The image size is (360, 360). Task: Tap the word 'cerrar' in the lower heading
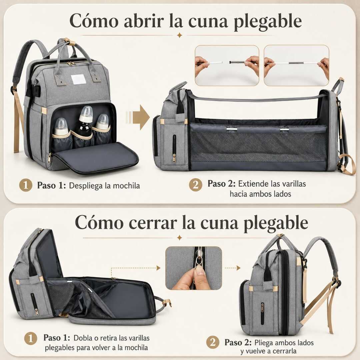(153, 223)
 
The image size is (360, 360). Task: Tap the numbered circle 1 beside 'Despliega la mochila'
(25, 185)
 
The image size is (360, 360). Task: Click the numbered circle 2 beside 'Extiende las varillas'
(196, 185)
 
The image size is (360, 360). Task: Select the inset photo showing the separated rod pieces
(227, 65)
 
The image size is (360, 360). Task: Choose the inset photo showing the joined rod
(296, 65)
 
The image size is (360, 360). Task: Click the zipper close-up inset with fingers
(194, 268)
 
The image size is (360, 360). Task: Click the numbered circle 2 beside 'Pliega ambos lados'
(213, 342)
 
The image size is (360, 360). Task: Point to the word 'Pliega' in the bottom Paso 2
(263, 343)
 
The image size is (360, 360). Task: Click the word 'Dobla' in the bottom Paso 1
(83, 338)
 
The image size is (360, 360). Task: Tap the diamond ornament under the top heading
(180, 35)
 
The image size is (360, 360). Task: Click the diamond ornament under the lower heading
(180, 238)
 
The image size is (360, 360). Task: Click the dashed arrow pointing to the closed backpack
(233, 268)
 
